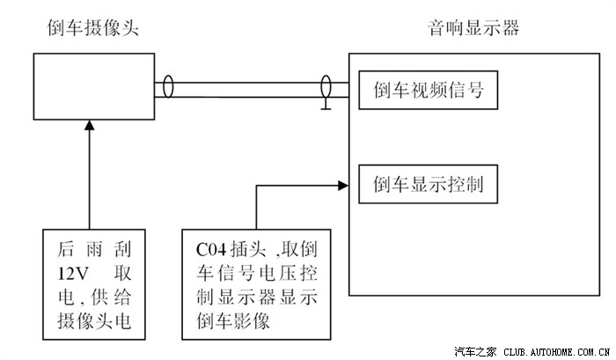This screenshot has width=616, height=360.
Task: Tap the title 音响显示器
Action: [x=474, y=28]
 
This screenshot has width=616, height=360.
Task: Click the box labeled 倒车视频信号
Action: [x=428, y=90]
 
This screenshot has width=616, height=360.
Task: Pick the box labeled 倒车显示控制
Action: [x=428, y=185]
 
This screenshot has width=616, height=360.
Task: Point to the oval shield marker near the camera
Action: [x=167, y=90]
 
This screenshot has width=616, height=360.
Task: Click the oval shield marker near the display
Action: [x=325, y=88]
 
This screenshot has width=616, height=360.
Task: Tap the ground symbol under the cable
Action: [x=326, y=108]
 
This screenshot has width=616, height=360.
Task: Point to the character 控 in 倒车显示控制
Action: [x=455, y=185]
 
